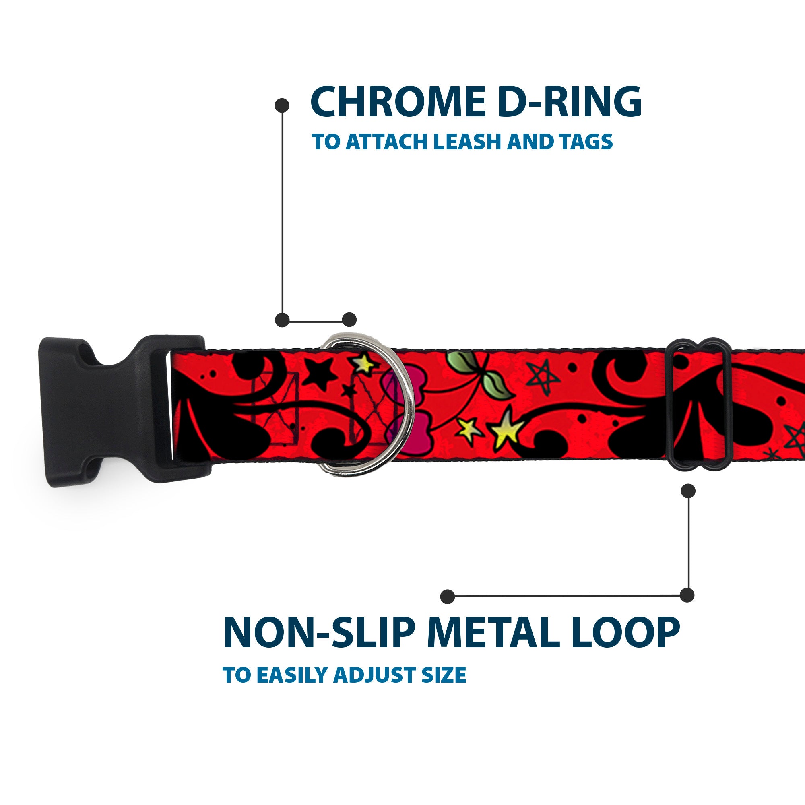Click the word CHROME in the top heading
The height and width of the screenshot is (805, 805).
tap(398, 102)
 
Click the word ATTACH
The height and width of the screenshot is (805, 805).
tap(387, 142)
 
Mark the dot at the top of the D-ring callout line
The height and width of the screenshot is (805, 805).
tap(282, 105)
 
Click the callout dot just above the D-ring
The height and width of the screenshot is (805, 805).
tap(349, 320)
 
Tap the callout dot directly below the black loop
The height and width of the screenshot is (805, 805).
tap(688, 491)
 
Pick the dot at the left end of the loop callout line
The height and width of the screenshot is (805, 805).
tap(447, 596)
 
